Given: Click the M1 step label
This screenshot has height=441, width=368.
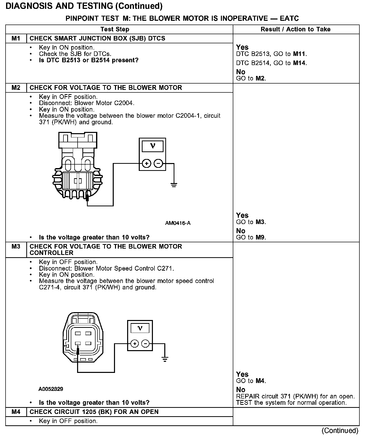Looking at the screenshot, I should tap(16, 38).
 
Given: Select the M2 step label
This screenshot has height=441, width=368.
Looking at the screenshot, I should tap(16, 88).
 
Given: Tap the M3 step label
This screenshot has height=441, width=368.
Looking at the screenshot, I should tap(16, 246).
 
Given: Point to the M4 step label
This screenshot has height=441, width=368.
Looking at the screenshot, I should tap(16, 412).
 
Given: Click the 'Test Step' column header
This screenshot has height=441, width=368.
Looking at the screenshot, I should tap(115, 29).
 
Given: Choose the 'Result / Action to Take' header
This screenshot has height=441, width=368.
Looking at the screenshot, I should tap(295, 29).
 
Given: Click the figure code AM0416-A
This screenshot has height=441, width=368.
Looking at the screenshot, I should tap(178, 223).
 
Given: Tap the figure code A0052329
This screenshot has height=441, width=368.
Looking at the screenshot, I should tap(51, 389).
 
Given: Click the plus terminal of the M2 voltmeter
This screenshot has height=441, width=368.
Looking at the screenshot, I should tap(147, 164).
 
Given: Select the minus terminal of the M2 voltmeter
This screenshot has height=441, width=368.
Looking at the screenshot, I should tap(158, 164).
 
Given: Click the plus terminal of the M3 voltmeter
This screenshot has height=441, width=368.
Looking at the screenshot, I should tap(134, 344).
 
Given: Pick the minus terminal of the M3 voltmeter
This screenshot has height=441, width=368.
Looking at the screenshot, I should tap(145, 344).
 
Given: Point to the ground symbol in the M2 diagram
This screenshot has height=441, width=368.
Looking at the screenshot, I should tap(174, 185).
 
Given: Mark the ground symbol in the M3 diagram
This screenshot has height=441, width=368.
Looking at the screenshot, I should tap(165, 359).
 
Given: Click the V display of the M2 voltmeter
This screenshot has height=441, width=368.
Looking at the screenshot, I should tap(152, 146).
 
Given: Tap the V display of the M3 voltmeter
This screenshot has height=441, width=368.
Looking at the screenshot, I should tap(140, 328).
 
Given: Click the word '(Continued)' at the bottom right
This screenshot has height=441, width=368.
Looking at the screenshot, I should tap(340, 431).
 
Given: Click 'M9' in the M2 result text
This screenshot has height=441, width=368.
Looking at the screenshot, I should tap(260, 237).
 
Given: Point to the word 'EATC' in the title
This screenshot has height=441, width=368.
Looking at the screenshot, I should tap(289, 18).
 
